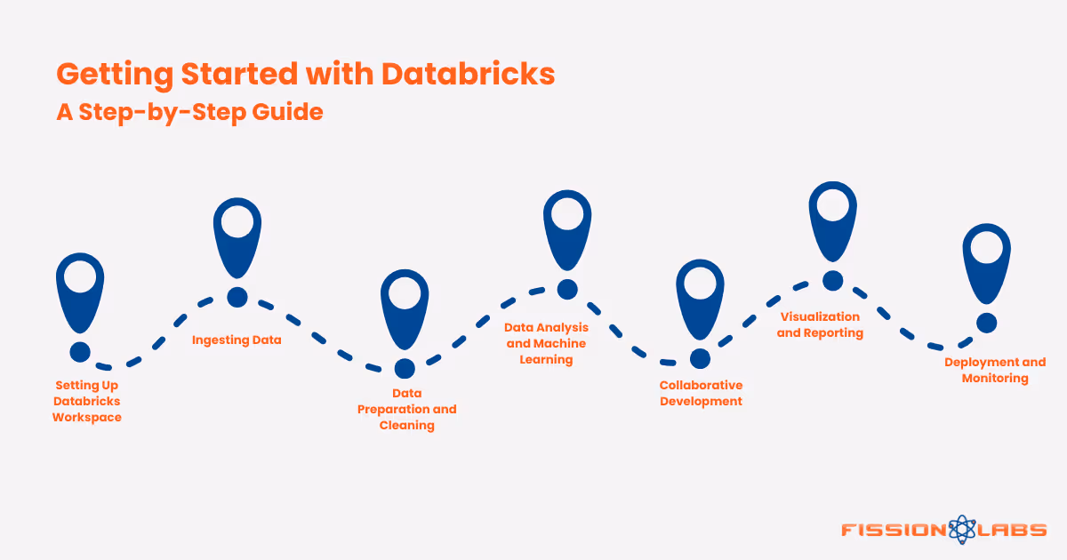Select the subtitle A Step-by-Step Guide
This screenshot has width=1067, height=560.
(189, 113)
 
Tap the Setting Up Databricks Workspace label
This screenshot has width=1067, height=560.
(86, 401)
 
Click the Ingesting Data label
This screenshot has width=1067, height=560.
(237, 340)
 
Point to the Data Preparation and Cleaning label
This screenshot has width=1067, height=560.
(406, 409)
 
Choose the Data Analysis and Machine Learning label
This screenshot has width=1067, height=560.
(546, 344)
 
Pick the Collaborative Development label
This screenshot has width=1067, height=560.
(701, 393)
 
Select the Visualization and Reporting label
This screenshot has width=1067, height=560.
(820, 324)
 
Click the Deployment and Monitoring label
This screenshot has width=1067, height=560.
(995, 370)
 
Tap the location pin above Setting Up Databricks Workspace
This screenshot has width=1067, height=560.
(80, 289)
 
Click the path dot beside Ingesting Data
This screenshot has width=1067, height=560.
(237, 297)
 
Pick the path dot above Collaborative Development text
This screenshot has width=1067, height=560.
(700, 358)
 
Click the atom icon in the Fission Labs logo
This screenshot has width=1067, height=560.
(961, 530)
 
